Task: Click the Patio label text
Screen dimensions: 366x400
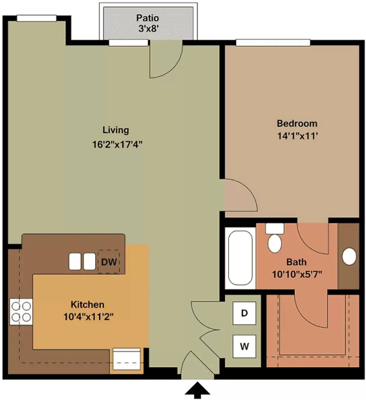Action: pos(147,18)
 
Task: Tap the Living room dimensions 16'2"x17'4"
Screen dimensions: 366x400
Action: pos(117,145)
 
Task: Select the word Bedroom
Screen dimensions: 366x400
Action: pos(297,123)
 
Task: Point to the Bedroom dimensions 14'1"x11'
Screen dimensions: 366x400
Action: pos(297,136)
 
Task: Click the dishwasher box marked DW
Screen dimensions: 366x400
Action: pos(109,262)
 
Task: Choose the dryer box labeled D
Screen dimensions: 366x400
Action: pos(244,313)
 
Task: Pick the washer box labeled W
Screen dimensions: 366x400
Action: pos(244,346)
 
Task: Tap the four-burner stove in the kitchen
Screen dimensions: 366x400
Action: pos(21,311)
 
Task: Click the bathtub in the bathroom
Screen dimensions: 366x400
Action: pos(240,258)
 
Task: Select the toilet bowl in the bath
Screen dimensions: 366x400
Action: pos(274,243)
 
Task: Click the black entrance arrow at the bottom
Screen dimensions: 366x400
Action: pos(197,390)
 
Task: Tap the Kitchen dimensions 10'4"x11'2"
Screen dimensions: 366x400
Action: pos(88,317)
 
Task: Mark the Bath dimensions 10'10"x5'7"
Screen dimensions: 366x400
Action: pos(297,274)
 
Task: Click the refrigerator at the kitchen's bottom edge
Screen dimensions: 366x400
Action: pos(127,359)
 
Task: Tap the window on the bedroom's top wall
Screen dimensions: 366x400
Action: pos(273,43)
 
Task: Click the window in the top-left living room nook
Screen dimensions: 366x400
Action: pos(37,19)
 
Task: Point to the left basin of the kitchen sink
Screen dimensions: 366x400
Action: pos(75,261)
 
